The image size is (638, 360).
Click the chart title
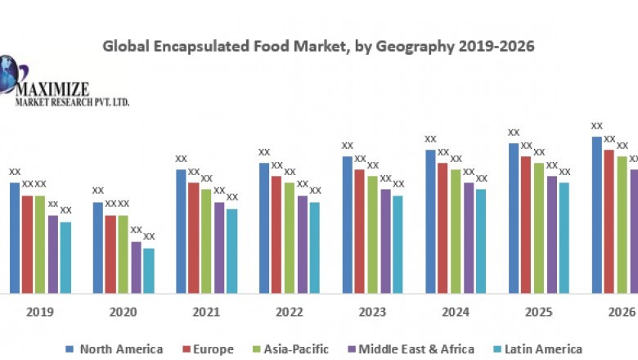coord(318,47)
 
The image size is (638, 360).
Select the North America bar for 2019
coord(15,237)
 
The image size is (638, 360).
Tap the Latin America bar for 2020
coord(148,270)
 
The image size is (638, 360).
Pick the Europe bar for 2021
coord(193,237)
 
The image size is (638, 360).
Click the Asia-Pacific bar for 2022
coord(290,237)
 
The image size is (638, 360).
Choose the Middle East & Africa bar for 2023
coord(385,241)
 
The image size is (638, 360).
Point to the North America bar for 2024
coord(430,221)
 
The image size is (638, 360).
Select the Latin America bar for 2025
coord(564,237)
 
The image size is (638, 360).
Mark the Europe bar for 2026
coord(609,221)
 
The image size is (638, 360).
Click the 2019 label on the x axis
coord(39,313)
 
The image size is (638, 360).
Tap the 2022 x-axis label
coord(289,313)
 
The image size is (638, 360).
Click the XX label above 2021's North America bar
coord(182,159)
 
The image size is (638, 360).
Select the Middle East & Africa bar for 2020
coord(136,267)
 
